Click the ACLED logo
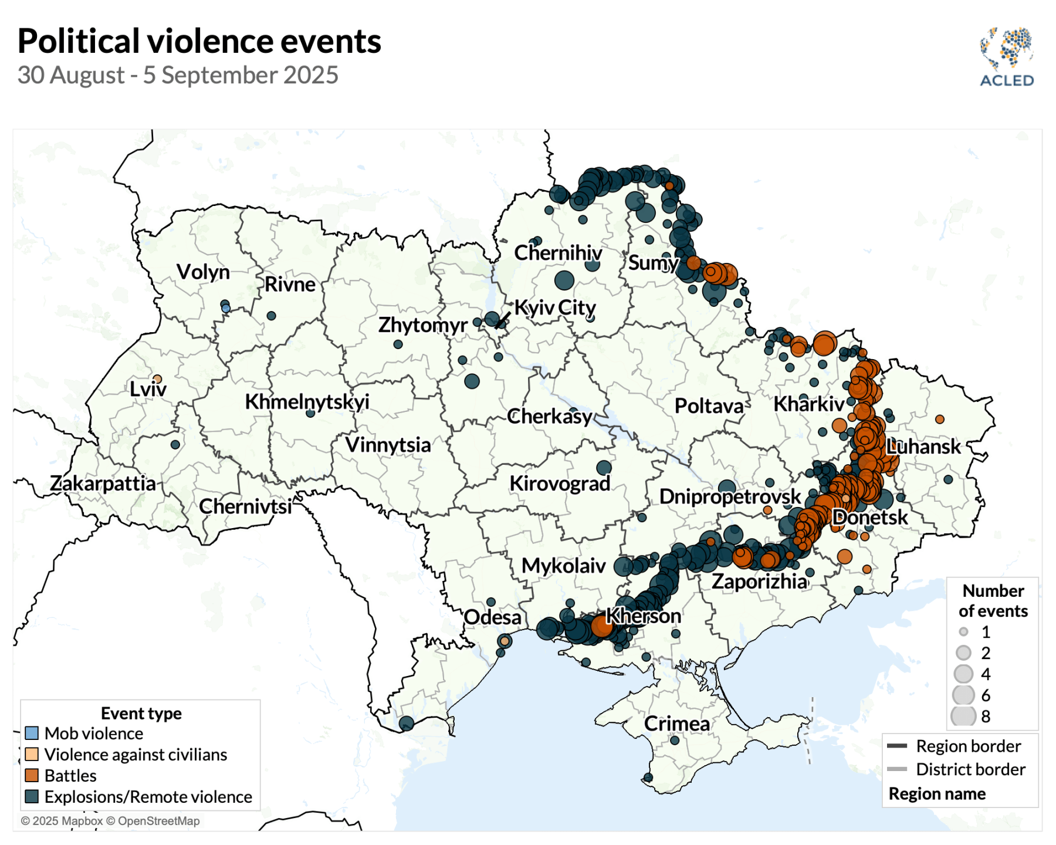[x=1007, y=57]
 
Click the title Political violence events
[x=199, y=41]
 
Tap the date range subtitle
[x=178, y=75]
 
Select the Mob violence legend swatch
[x=32, y=734]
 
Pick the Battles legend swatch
[x=32, y=776]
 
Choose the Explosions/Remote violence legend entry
[x=148, y=797]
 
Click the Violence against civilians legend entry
[x=136, y=755]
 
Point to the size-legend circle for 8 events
[x=963, y=716]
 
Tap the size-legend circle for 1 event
[x=963, y=632]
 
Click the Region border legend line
[x=897, y=746]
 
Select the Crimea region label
[x=676, y=724]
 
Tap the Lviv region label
[x=148, y=388]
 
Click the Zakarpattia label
[x=103, y=483]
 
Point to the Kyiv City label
[x=555, y=307]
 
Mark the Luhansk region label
[x=923, y=447]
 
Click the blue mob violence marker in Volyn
[x=226, y=308]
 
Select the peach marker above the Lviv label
[x=157, y=379]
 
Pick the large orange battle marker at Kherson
[x=602, y=626]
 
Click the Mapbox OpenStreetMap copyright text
[x=110, y=821]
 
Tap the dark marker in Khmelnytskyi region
[x=310, y=413]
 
